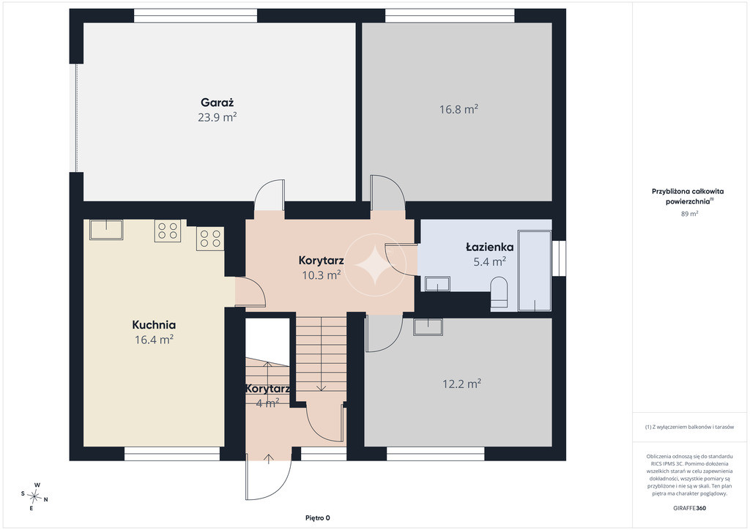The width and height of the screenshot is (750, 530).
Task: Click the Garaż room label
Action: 217,102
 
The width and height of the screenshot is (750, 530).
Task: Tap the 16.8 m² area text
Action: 458,109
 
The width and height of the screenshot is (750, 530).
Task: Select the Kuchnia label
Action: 154,325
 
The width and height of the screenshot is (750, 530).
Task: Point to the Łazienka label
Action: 490,247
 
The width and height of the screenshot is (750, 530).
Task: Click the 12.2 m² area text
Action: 461,384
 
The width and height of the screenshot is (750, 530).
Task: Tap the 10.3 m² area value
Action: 321,275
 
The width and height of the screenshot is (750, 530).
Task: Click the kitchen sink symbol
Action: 106,229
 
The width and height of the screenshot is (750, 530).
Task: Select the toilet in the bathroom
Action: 499,292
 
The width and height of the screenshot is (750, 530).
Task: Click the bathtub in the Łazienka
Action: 535,271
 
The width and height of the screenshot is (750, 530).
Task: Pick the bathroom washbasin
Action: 438,283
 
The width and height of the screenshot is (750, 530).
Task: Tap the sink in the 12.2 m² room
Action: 428,326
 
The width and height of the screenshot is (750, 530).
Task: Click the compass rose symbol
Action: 35,497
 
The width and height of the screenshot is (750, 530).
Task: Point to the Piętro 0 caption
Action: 318,518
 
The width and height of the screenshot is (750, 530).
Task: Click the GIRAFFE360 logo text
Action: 688,508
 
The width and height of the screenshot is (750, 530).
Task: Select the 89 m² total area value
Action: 689,214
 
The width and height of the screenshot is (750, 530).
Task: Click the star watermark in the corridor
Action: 375,265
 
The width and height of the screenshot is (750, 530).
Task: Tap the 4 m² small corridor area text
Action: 267,403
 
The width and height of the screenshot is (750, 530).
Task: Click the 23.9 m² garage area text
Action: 217,117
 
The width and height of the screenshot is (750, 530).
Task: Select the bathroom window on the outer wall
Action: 559,258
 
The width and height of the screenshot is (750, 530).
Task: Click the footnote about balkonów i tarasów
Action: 689,427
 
